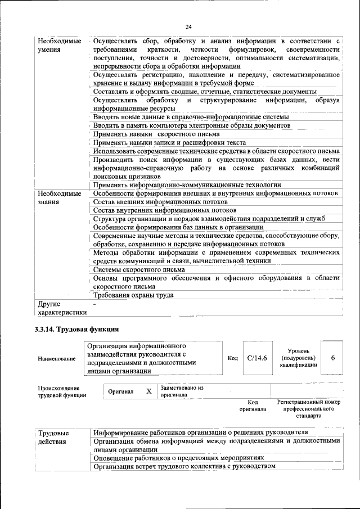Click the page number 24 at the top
(x=188, y=26)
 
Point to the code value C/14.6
(x=256, y=357)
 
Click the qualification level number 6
(x=333, y=357)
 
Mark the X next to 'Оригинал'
(x=148, y=391)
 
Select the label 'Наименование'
(x=57, y=358)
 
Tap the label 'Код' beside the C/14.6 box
(x=233, y=358)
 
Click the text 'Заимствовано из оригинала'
(x=182, y=391)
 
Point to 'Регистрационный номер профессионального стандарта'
(x=309, y=409)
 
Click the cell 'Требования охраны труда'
(x=133, y=295)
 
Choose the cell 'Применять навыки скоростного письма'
(x=156, y=134)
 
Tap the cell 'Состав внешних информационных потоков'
(x=160, y=201)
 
